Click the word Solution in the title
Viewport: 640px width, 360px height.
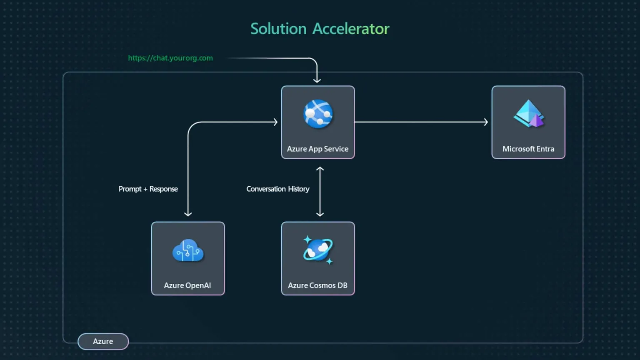coord(278,29)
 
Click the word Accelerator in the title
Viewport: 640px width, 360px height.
coord(351,29)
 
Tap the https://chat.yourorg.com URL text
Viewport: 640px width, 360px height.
coord(170,58)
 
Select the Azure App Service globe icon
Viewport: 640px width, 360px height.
coord(318,114)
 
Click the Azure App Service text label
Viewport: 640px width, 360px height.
coord(317,149)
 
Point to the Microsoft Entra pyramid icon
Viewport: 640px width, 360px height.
coord(528,113)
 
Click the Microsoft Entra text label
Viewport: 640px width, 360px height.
coord(528,149)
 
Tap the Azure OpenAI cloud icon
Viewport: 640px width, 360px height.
coord(188,250)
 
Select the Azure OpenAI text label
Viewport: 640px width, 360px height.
coord(187,285)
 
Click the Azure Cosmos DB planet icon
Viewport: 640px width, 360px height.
coord(318,250)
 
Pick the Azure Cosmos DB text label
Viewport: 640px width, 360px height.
coord(317,285)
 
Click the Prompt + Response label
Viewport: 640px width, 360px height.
coord(148,189)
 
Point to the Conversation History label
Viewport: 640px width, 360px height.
coord(277,189)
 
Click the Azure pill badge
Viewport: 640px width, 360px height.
coord(103,341)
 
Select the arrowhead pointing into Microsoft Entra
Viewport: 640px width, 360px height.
coord(485,122)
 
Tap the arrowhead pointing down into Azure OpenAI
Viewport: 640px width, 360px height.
coord(188,214)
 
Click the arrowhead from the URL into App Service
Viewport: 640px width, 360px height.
coord(317,80)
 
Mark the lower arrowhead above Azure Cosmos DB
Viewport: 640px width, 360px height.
coord(320,214)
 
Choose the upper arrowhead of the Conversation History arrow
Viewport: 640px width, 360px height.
coord(320,169)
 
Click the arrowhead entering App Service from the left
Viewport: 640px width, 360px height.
coord(275,122)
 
